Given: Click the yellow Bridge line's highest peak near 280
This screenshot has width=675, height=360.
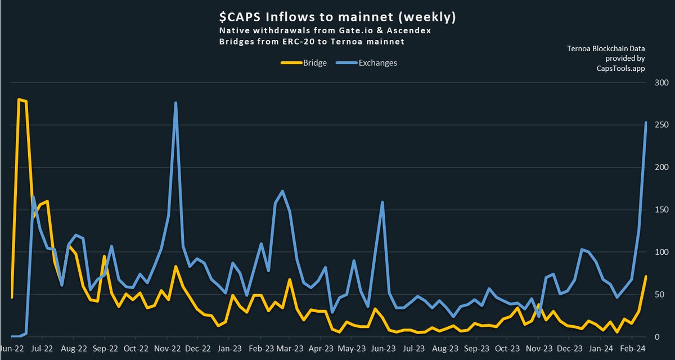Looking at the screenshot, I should coord(19,100).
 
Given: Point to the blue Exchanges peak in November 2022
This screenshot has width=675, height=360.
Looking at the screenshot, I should coord(176,103).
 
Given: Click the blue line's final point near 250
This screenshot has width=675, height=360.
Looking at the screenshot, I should coord(646,123).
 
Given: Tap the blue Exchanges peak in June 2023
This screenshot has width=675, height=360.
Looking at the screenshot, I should coord(382,202).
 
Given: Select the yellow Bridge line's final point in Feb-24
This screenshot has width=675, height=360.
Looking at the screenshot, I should coord(646,276).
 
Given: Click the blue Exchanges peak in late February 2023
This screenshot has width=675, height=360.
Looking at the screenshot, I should coord(282,191).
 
